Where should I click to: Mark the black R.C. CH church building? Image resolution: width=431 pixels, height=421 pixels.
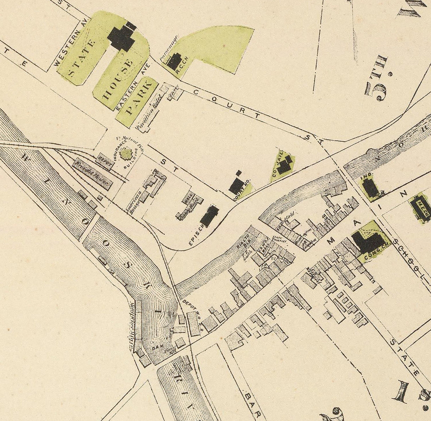tap(174, 61)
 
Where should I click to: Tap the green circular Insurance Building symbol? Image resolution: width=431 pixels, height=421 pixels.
tap(125, 154)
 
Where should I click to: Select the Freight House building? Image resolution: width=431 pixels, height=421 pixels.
tap(93, 174)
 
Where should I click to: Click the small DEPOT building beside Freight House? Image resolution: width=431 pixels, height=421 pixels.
tap(105, 162)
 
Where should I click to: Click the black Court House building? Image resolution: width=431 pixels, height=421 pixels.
tap(236, 185)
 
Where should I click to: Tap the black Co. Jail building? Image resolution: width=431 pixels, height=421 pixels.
tap(284, 165)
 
